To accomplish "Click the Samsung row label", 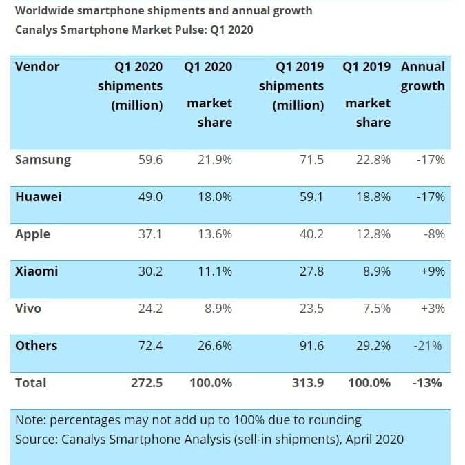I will coord(43,160).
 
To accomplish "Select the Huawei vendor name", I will coord(39,197).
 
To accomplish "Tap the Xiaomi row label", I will coord(37,271).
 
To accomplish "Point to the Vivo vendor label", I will coord(28,309).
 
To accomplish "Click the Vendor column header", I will coord(37,67).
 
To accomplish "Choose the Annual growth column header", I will coord(423,76).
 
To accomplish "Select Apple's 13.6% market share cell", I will coord(215,234).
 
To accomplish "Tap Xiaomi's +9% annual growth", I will coord(433,271).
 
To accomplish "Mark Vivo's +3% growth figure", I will coord(433,309).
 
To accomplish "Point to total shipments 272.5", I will coord(147,383).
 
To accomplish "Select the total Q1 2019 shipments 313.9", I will coord(308,383).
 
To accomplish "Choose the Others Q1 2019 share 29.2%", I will coord(373,346).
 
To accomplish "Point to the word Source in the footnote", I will coord(34,439).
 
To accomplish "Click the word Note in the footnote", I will coord(30,420).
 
